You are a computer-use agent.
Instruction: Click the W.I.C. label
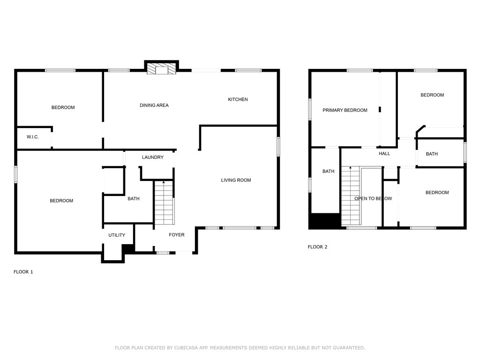(32, 137)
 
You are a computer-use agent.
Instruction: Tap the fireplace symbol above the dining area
(162, 69)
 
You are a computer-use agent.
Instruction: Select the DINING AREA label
(154, 105)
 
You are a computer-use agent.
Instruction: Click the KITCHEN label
(238, 99)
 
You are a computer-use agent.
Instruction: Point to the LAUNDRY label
(153, 157)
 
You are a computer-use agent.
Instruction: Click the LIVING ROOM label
(236, 180)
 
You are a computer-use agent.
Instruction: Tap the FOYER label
(177, 235)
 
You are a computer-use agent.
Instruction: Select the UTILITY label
(117, 235)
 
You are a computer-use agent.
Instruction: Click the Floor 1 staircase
(164, 204)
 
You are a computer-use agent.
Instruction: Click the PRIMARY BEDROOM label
(345, 111)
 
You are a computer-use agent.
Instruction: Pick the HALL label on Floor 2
(384, 154)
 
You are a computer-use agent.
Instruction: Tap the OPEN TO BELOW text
(373, 199)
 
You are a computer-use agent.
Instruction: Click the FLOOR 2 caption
(317, 247)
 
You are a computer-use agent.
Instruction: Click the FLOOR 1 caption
(23, 272)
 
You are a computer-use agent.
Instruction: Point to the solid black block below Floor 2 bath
(324, 221)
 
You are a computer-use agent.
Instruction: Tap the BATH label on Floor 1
(134, 199)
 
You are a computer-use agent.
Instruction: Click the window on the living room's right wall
(278, 146)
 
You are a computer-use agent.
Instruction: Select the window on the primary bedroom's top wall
(360, 71)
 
